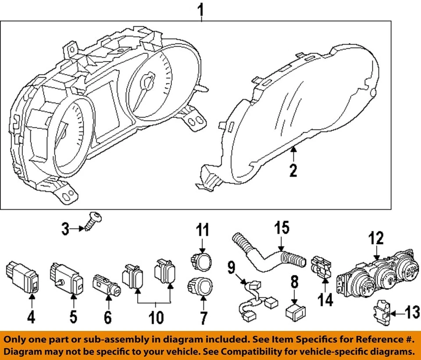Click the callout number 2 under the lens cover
[x=293, y=170]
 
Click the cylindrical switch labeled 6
[x=107, y=286]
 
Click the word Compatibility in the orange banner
[x=256, y=352]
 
